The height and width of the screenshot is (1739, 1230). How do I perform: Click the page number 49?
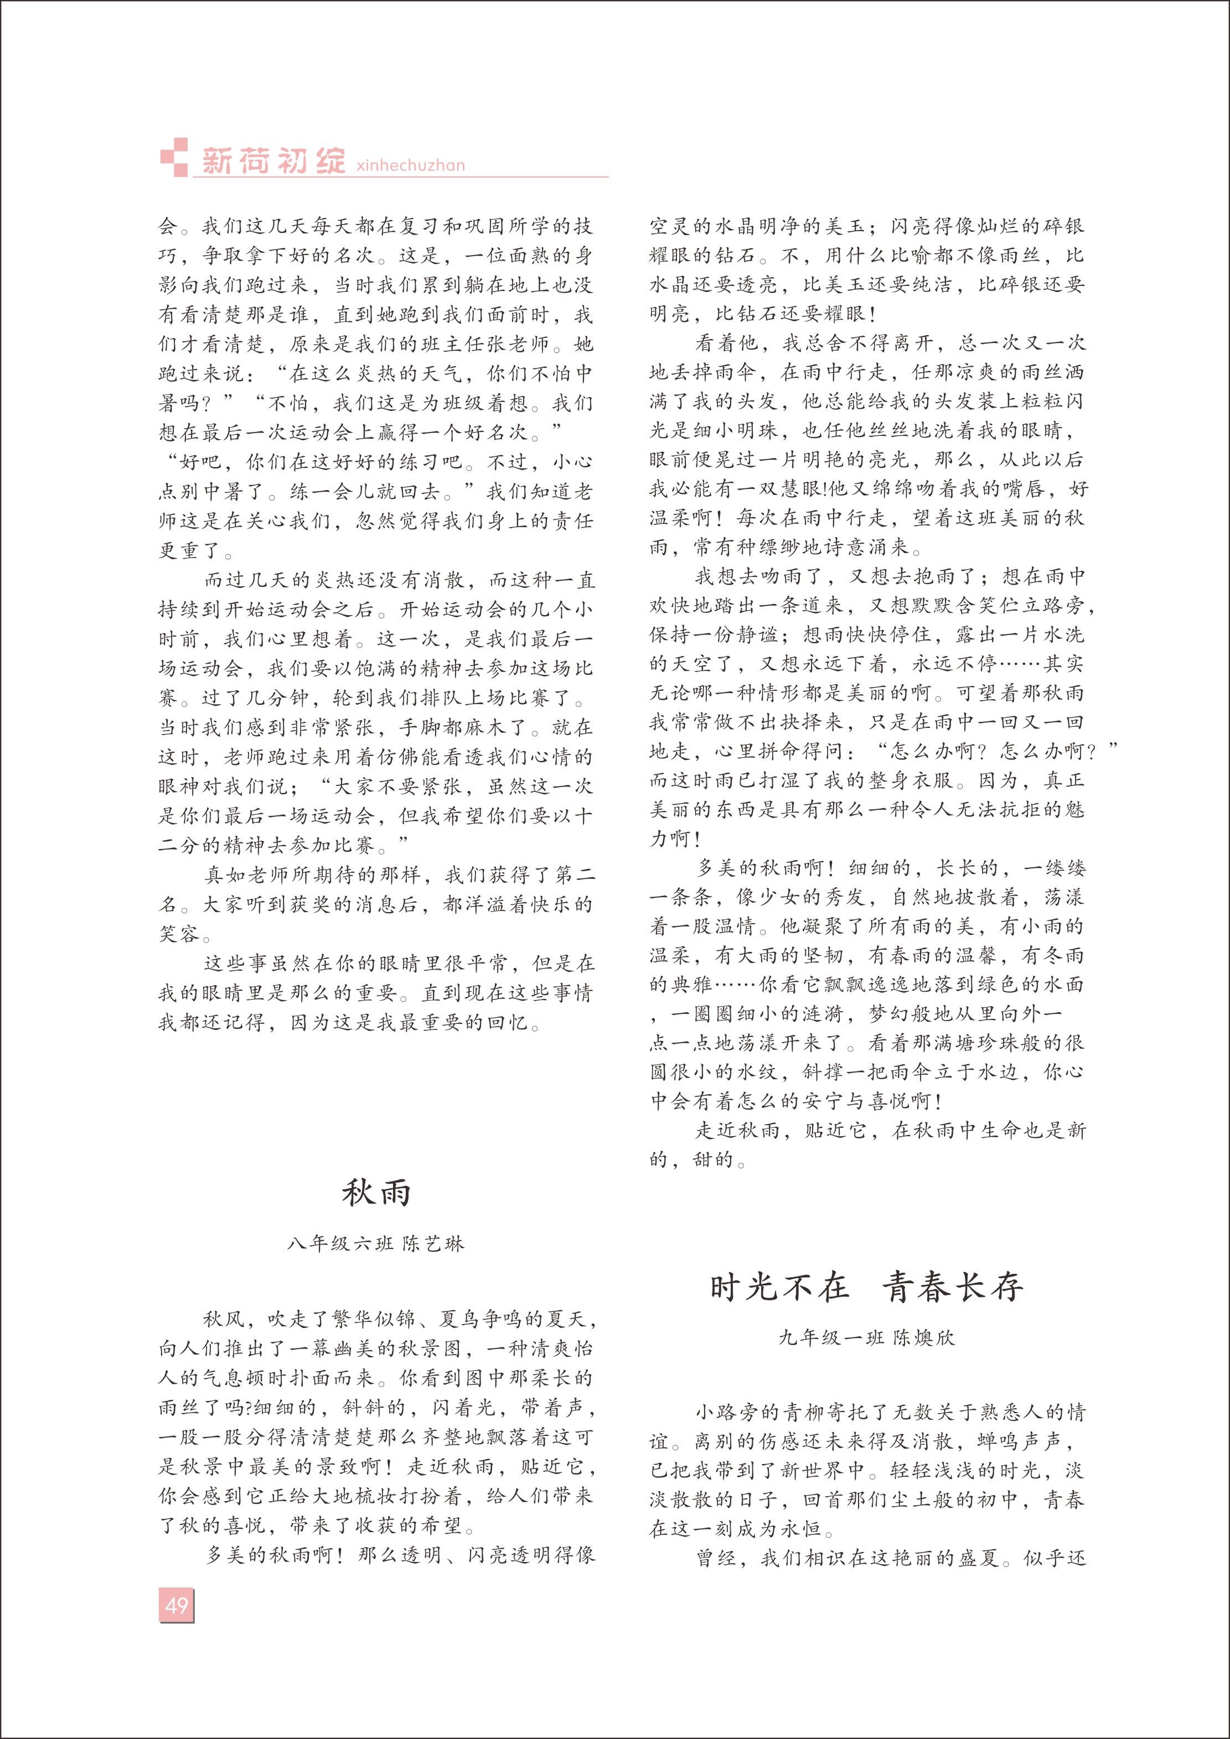click(177, 1605)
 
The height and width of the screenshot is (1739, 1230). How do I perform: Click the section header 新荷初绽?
click(273, 160)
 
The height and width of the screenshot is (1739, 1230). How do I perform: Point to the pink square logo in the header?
click(174, 158)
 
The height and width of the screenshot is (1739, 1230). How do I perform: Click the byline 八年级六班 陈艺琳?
click(376, 1243)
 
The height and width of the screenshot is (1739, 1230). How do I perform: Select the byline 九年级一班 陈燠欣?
click(867, 1337)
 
